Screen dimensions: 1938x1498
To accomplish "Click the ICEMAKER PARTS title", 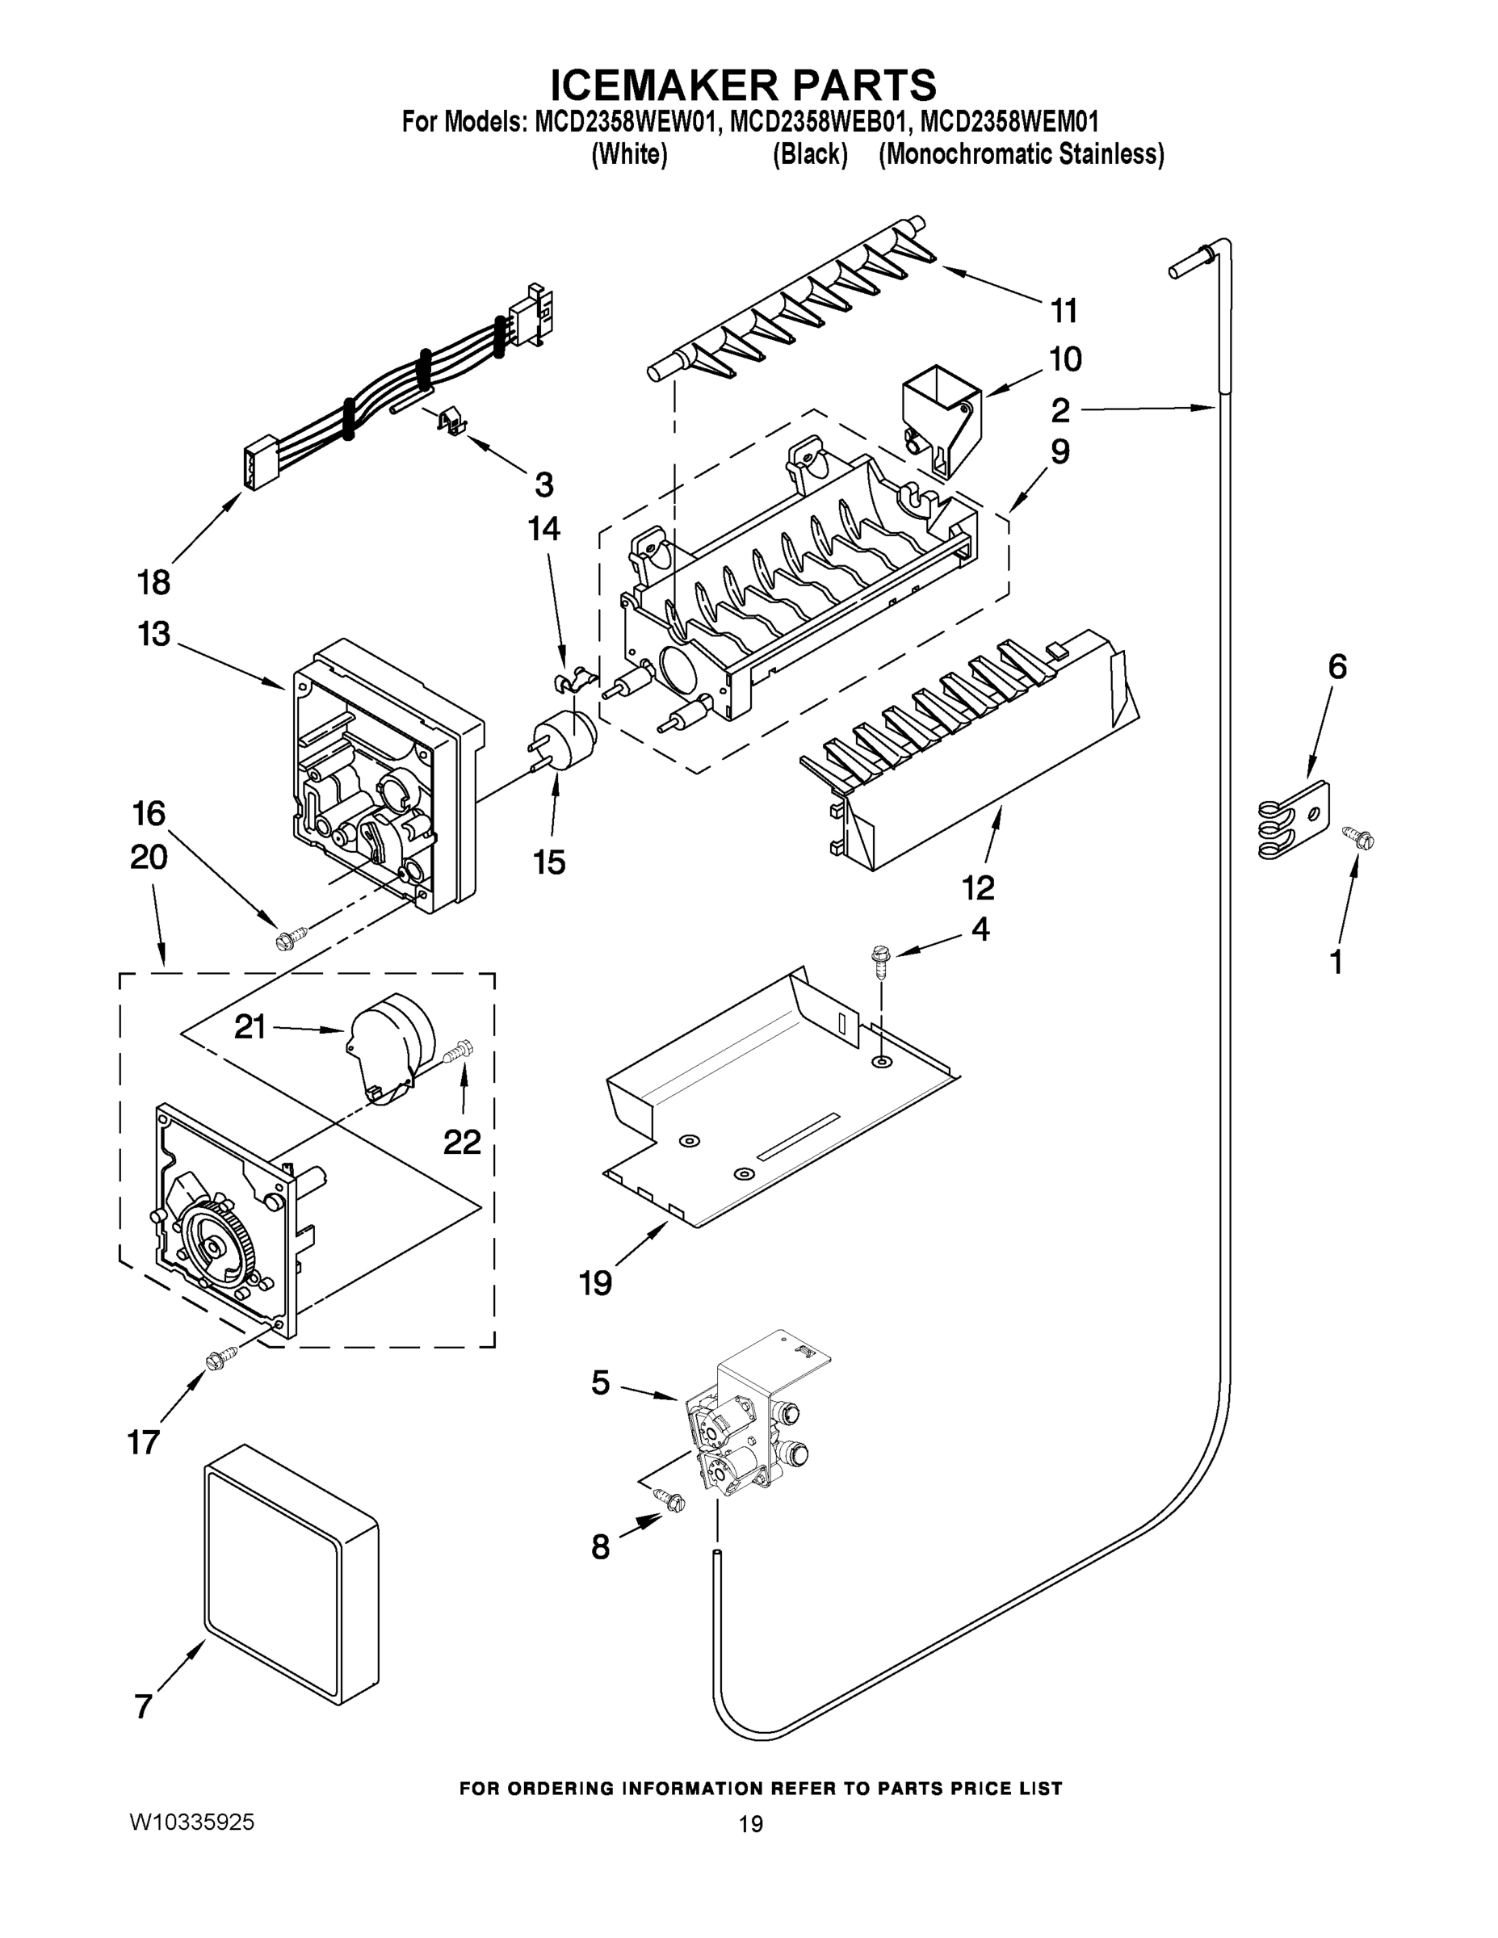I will pyautogui.click(x=743, y=85).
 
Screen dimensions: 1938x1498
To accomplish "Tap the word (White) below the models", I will pyautogui.click(x=629, y=154).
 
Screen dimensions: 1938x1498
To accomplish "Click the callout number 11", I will pyautogui.click(x=1064, y=312).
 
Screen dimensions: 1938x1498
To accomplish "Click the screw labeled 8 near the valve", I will pyautogui.click(x=670, y=1500).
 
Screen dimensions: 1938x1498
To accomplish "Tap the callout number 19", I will pyautogui.click(x=595, y=1282).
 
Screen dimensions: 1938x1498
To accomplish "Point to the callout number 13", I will pyautogui.click(x=153, y=635).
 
